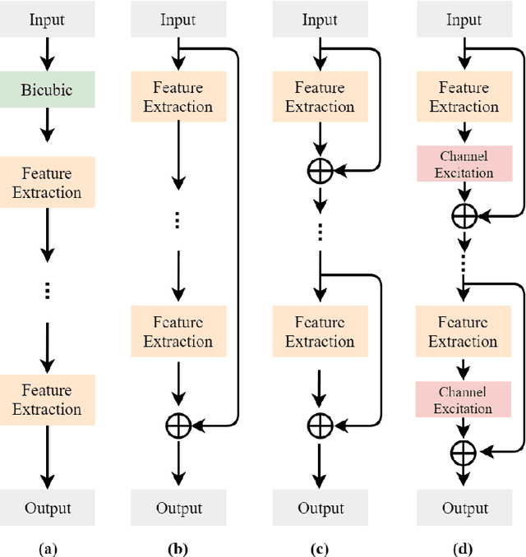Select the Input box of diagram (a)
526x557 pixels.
tap(46, 20)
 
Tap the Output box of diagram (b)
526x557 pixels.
tap(178, 509)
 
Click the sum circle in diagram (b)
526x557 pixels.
tap(178, 425)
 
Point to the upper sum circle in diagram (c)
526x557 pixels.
tap(320, 172)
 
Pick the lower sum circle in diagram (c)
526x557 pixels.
tap(320, 425)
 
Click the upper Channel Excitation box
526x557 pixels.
tap(464, 163)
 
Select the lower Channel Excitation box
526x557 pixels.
tap(464, 400)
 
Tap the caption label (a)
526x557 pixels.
tap(46, 545)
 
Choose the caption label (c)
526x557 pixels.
tap(320, 545)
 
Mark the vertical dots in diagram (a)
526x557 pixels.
tap(46, 290)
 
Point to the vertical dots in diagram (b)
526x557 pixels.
tap(178, 219)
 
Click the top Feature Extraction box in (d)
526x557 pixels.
tap(464, 97)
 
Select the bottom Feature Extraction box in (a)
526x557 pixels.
tap(46, 399)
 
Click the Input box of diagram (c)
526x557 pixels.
tap(320, 20)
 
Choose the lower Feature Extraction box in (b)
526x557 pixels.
tap(178, 332)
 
